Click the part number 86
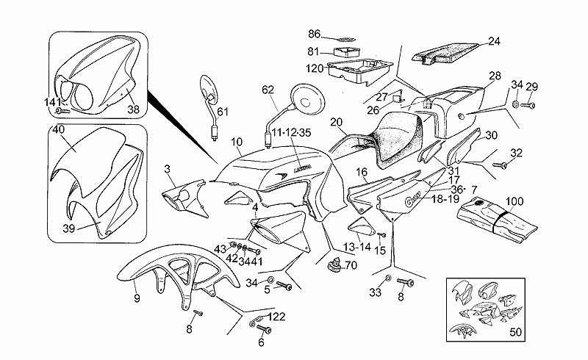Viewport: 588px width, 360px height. tap(315, 34)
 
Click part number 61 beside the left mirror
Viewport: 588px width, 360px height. tap(223, 112)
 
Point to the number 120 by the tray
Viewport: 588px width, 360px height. tap(315, 68)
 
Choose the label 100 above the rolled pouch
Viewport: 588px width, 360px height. tap(515, 201)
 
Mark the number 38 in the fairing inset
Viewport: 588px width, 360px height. tap(133, 109)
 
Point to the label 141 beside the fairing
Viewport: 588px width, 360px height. tap(52, 102)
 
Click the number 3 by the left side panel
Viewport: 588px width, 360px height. tap(168, 170)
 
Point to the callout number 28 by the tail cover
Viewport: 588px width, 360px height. tap(494, 76)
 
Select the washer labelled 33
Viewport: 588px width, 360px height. tap(387, 279)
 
